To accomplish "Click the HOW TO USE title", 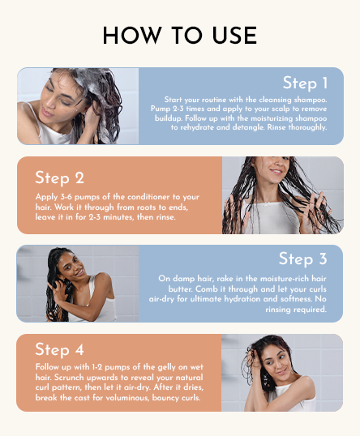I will tap(180, 36).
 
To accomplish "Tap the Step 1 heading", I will tap(305, 83).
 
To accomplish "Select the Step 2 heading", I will tap(59, 177).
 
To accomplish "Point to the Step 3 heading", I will tap(303, 259).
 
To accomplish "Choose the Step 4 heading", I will tap(59, 349).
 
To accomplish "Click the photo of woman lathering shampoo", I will tap(78, 106).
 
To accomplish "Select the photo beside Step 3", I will tap(78, 284).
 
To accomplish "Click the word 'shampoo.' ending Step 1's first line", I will tap(306, 98).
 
